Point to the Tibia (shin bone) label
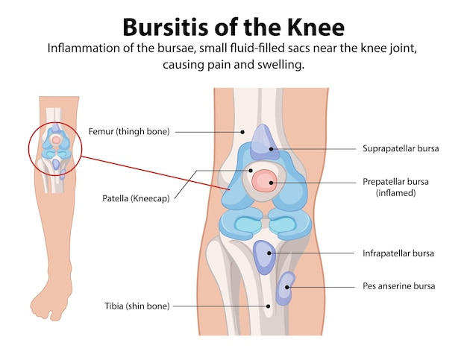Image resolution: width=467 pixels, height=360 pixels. coord(137,306)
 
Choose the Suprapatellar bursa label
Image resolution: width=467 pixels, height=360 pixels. coord(400,148)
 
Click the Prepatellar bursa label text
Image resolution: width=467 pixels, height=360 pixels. coord(395,181)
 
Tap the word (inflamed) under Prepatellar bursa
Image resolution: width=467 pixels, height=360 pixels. coord(395,192)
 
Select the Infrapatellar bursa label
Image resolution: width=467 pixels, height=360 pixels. coord(398,253)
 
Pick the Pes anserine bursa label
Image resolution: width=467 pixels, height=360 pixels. coord(398,285)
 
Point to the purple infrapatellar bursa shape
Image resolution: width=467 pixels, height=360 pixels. coord(265,256)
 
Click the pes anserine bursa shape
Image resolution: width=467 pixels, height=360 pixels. coord(285,288)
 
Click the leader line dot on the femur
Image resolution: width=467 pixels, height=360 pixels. coord(242,132)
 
